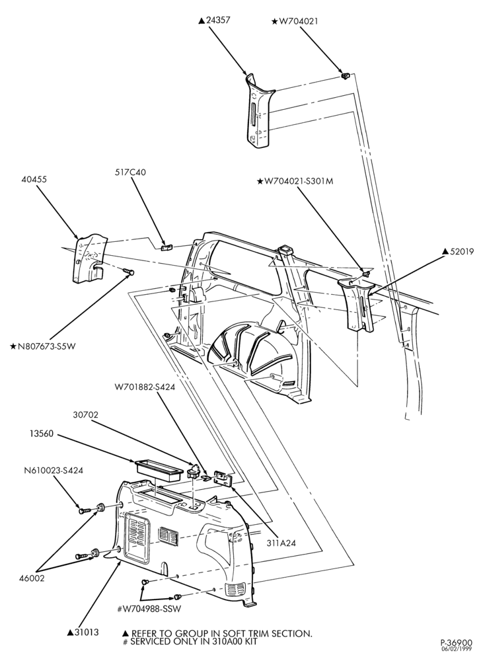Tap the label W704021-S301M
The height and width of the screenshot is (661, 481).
(295, 181)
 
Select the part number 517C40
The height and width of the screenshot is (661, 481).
(130, 172)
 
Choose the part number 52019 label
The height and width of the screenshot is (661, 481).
(458, 251)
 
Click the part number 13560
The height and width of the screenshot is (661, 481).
(42, 434)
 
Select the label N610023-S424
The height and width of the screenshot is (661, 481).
(53, 470)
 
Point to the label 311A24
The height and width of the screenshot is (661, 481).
(281, 543)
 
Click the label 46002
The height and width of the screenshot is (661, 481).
(32, 578)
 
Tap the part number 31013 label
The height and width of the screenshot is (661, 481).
(83, 632)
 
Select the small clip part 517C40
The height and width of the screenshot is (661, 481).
(166, 247)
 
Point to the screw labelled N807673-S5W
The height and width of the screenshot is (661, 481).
(128, 270)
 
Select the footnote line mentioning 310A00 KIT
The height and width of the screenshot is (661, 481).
(189, 642)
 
